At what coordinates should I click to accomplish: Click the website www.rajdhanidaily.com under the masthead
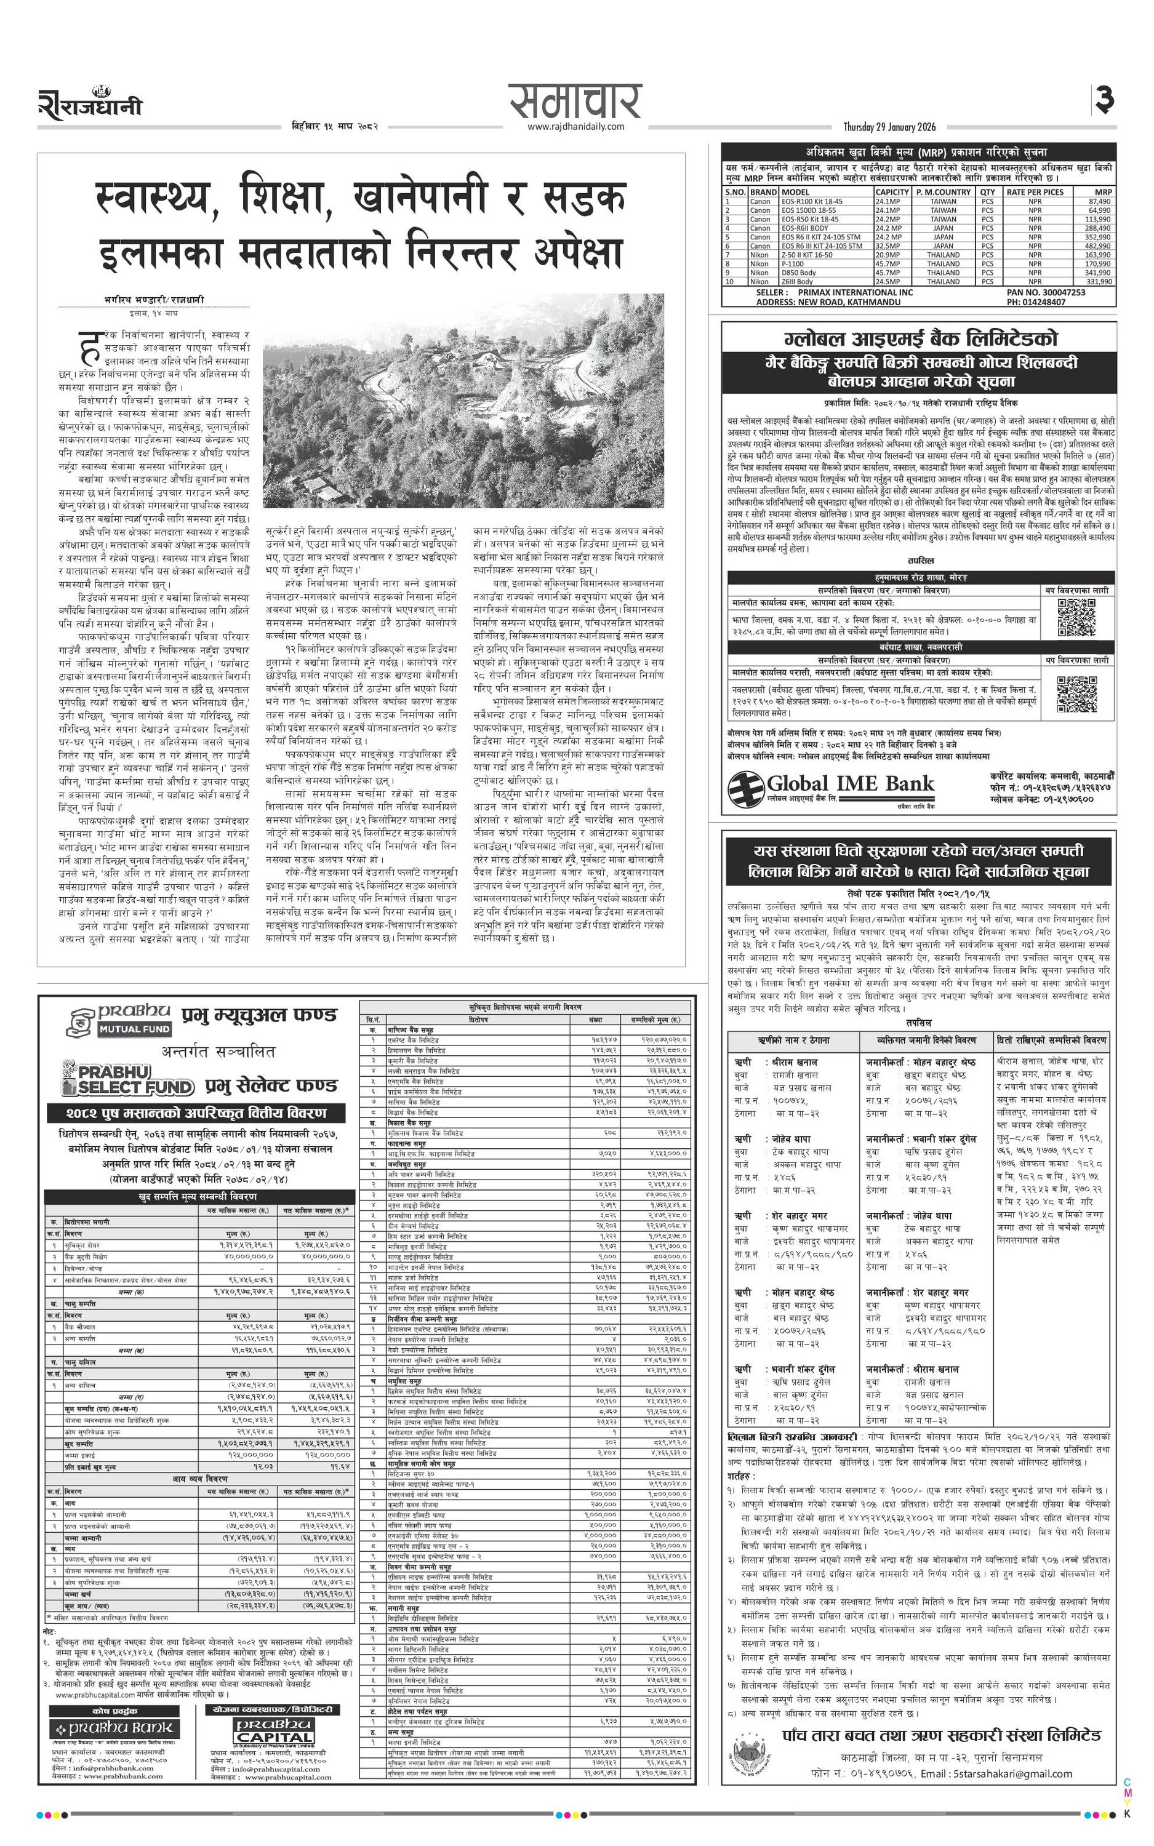click(575, 127)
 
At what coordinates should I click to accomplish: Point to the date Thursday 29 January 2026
click(889, 127)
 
